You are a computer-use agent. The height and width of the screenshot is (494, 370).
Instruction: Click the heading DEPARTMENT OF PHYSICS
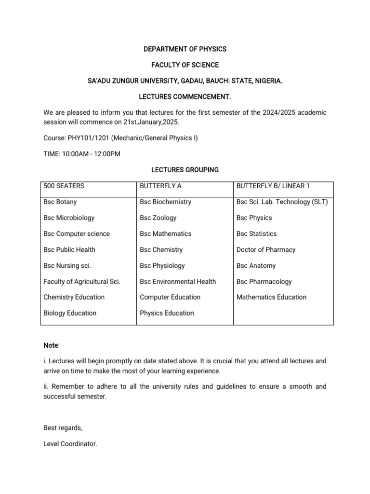pos(185,49)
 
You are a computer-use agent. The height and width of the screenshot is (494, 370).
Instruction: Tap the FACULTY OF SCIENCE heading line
pos(185,65)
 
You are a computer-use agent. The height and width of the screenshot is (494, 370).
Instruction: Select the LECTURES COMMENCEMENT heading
pos(185,97)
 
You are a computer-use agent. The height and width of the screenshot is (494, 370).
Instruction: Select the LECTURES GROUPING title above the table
pos(185,170)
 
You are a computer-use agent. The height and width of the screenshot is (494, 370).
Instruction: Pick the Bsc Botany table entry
pos(60,202)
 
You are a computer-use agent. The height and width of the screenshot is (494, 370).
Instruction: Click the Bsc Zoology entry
pos(158,218)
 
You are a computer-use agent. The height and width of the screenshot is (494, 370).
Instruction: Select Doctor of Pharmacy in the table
pos(266,250)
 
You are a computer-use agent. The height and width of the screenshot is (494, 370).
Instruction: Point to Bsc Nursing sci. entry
pos(67,266)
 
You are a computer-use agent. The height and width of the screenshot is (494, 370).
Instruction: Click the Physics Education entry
pos(167,313)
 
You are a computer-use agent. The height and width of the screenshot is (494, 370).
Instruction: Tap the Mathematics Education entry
pos(271,297)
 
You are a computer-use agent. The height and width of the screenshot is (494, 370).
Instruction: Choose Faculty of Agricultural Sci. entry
pos(82,282)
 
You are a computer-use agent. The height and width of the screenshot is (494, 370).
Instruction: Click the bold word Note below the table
pos(51,345)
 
